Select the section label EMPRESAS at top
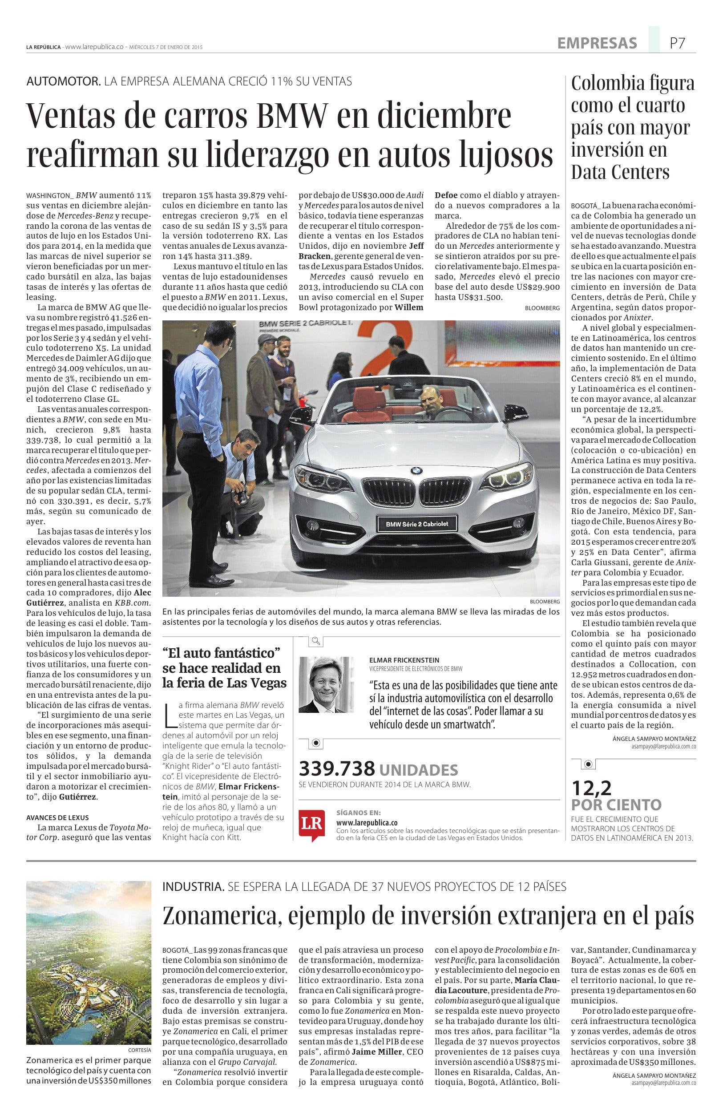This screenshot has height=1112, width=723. point(597,44)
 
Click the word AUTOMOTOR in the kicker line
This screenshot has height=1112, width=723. point(64,82)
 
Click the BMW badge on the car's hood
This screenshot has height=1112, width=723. point(416,471)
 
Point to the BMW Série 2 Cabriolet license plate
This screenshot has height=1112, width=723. point(416,524)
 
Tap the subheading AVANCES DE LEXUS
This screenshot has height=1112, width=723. point(57,818)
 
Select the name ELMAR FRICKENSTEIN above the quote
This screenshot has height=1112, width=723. point(404,660)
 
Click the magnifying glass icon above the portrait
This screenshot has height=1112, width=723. point(316,641)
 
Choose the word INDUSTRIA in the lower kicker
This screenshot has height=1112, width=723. point(194,886)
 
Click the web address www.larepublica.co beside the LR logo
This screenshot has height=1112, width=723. point(367,822)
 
